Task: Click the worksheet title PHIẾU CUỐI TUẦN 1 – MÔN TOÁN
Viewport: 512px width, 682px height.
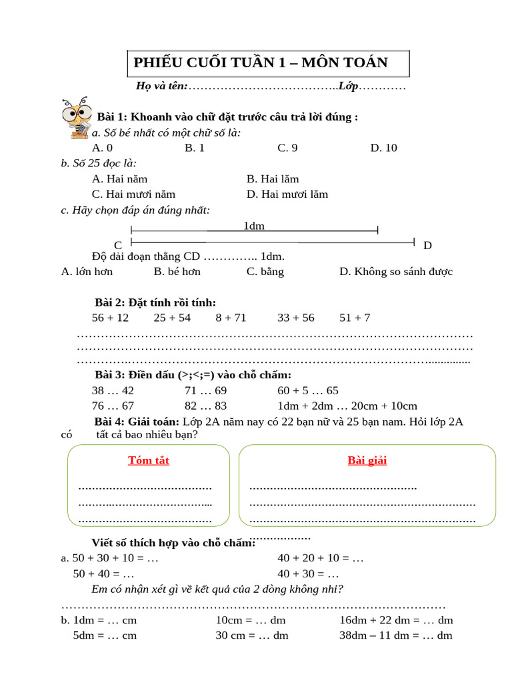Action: pyautogui.click(x=261, y=63)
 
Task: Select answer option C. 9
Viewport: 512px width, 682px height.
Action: pyautogui.click(x=287, y=148)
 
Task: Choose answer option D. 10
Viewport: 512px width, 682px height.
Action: pyautogui.click(x=383, y=148)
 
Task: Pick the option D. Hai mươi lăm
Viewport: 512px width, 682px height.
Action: pyautogui.click(x=287, y=194)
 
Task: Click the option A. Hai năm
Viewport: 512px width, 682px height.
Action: pyautogui.click(x=120, y=178)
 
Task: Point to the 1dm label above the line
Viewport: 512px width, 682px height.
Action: pyautogui.click(x=254, y=226)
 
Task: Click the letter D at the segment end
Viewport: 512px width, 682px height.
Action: pyautogui.click(x=427, y=245)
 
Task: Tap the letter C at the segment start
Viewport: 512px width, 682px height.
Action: pyautogui.click(x=118, y=245)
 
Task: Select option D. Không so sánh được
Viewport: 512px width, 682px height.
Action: pyautogui.click(x=396, y=271)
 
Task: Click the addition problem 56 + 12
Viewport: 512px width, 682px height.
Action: pyautogui.click(x=110, y=318)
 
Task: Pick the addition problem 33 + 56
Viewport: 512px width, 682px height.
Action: pyautogui.click(x=296, y=318)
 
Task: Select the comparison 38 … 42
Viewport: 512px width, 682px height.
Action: pyautogui.click(x=113, y=391)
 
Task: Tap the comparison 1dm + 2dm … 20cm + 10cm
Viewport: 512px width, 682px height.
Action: pyautogui.click(x=347, y=406)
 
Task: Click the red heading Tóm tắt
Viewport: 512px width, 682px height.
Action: pyautogui.click(x=149, y=460)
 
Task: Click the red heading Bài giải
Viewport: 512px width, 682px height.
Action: pyautogui.click(x=367, y=460)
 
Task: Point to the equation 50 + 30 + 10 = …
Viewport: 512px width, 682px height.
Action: pyautogui.click(x=109, y=558)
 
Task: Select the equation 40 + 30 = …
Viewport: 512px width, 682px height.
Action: pyautogui.click(x=308, y=573)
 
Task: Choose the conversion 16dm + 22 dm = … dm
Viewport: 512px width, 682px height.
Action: pyautogui.click(x=396, y=620)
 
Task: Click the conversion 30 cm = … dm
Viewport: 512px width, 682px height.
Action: pyautogui.click(x=251, y=635)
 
